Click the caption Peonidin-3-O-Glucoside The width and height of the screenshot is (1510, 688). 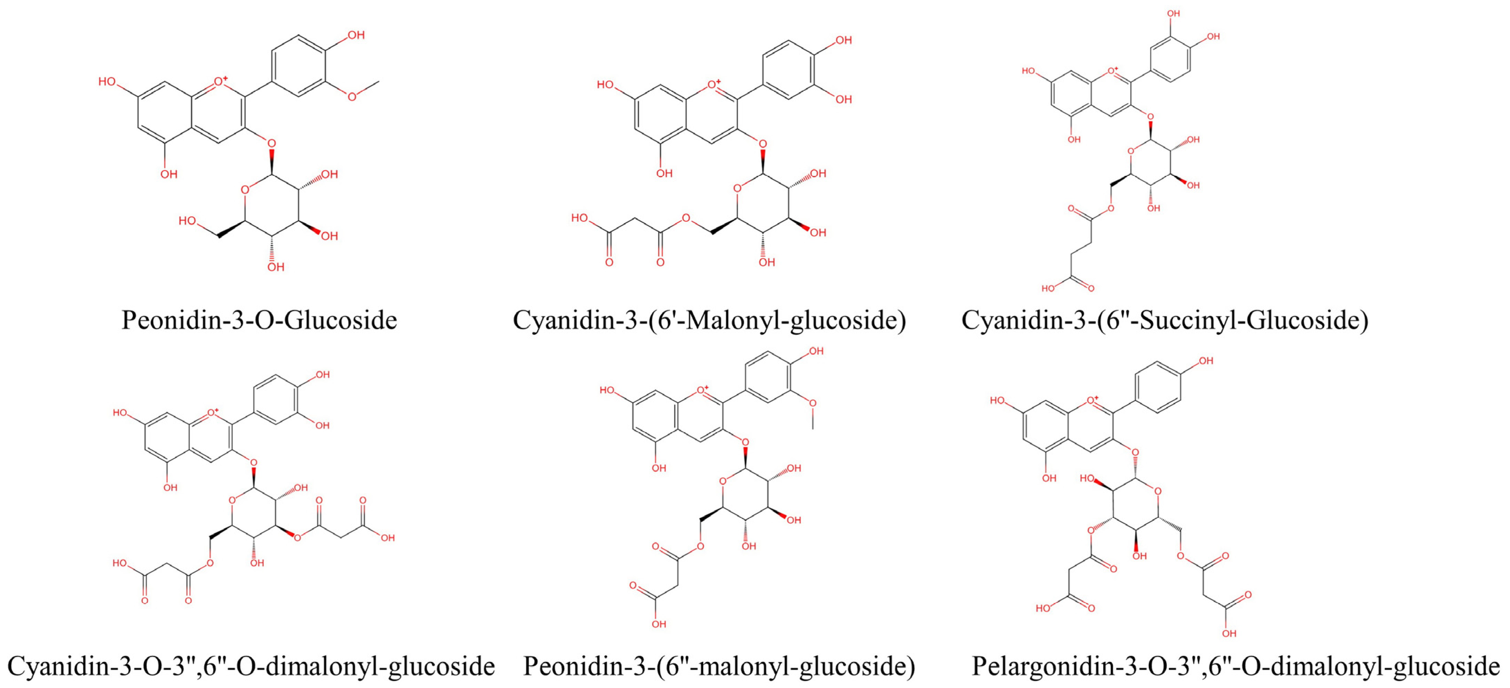tap(259, 320)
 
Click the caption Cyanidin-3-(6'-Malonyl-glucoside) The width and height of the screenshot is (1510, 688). tap(709, 320)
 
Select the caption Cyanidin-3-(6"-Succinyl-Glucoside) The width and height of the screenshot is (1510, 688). tap(1165, 320)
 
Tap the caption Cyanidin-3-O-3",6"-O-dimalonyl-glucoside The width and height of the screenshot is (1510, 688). tap(251, 666)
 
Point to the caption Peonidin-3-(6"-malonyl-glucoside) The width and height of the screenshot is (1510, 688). tap(719, 666)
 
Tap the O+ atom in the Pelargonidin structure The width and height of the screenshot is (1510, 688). tap(1091, 401)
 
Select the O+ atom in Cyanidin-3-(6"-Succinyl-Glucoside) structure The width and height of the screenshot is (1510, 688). tap(1111, 72)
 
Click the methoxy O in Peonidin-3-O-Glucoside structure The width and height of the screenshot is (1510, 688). tap(352, 97)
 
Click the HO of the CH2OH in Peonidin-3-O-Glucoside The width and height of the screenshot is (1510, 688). tap(188, 221)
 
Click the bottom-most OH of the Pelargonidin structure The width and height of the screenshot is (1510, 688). tap(1229, 634)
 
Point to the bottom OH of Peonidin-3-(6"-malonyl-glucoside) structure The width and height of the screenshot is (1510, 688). tap(659, 624)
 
